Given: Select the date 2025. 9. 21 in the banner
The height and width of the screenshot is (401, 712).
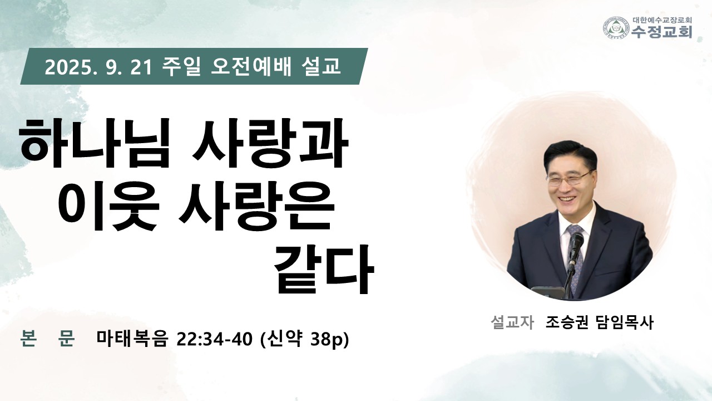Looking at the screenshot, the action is tap(98, 67).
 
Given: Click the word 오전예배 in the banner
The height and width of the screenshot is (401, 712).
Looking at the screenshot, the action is tap(251, 66).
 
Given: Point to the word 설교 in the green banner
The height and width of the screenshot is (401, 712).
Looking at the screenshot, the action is tap(320, 66).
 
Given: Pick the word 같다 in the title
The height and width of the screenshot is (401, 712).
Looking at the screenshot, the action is tap(324, 269).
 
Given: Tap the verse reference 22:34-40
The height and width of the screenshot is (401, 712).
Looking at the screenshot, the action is tap(215, 339).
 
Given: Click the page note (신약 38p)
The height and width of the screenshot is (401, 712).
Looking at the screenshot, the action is tap(304, 339).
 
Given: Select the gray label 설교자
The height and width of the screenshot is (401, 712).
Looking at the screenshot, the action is tap(512, 322).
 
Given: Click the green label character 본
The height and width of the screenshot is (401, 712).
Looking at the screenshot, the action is tap(28, 338).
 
